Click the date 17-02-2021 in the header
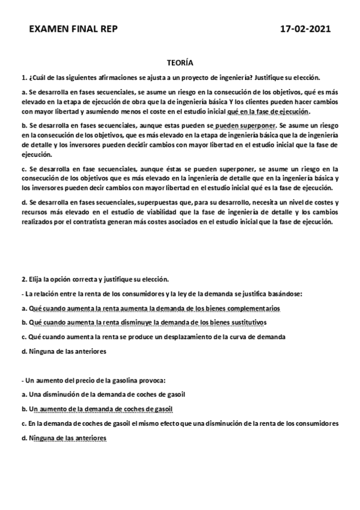306,29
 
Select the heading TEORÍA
180,63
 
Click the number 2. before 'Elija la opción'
23,280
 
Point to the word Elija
36,280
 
